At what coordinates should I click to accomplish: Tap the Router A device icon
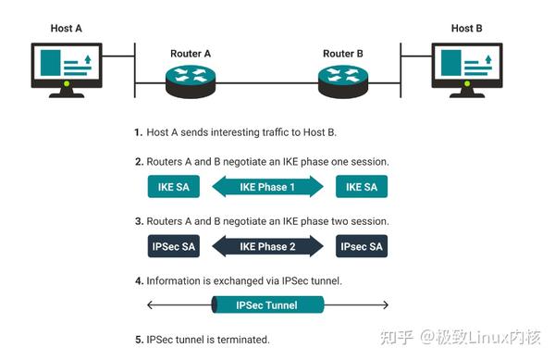point(191,81)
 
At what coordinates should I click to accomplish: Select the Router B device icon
point(343,81)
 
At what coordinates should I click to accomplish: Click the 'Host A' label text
point(66,29)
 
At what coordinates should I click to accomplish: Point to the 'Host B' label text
point(467,29)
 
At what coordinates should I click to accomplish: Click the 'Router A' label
point(191,54)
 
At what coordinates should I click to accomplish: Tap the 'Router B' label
point(343,54)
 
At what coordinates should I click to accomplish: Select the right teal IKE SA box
point(361,188)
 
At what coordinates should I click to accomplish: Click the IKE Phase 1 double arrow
point(267,188)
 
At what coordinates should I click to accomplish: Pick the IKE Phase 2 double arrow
point(267,246)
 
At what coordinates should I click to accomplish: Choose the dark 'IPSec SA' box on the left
point(174,246)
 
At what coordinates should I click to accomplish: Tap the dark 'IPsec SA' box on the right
point(361,246)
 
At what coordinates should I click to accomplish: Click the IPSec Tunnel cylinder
point(267,304)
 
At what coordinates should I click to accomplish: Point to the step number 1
point(138,132)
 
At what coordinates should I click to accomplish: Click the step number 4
point(138,279)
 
